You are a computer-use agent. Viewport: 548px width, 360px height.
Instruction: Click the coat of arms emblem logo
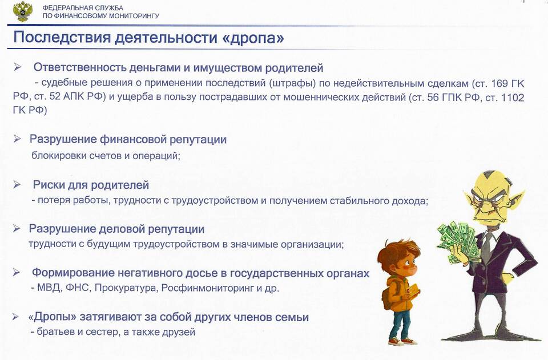[x=22, y=11]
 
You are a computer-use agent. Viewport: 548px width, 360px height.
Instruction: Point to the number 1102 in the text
[x=513, y=98]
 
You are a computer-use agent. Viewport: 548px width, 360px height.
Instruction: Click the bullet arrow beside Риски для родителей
[x=17, y=184]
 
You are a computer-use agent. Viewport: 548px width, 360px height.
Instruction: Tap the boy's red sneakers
[x=402, y=341]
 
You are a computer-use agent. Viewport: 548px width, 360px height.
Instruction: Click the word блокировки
[x=59, y=155]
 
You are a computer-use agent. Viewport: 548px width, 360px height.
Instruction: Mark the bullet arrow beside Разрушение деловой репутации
[x=17, y=229]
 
